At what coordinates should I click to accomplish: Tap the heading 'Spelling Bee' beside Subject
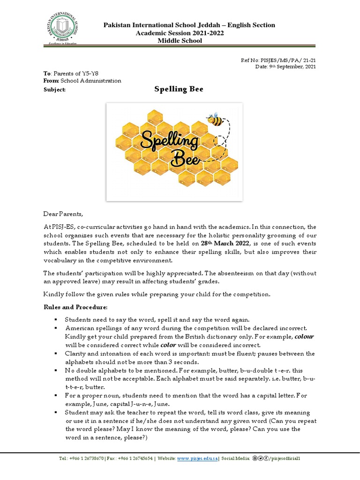179,89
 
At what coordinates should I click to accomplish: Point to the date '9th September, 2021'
294,67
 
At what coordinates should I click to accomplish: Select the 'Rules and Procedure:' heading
75,307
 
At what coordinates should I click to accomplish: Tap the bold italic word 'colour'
304,337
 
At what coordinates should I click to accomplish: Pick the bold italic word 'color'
168,345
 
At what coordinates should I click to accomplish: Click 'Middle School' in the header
180,41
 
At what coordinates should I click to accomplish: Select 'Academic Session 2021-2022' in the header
180,33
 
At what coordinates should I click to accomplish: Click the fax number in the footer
136,458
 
